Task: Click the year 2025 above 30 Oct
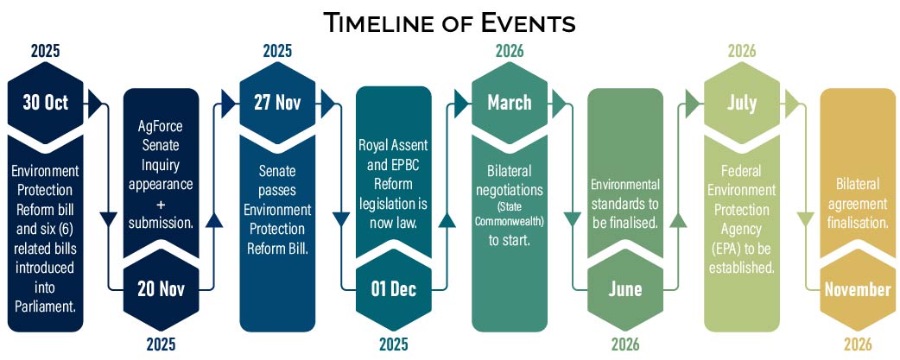pyautogui.click(x=45, y=50)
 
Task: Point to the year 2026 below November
pyautogui.click(x=857, y=344)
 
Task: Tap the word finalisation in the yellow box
pyautogui.click(x=857, y=221)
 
